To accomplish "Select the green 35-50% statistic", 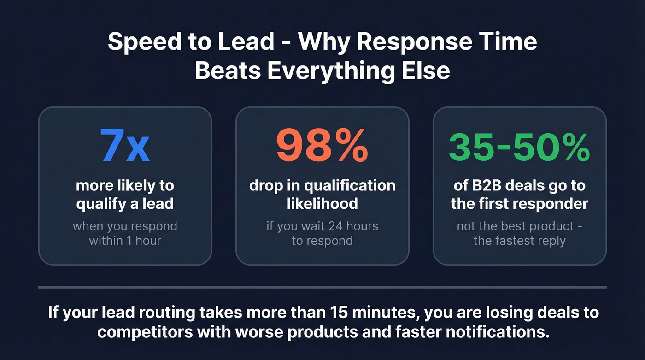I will [519, 147].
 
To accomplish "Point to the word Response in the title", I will [414, 42].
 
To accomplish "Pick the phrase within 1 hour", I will [125, 240].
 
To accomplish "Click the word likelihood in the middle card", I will [322, 204].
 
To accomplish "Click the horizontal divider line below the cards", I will [322, 288].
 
